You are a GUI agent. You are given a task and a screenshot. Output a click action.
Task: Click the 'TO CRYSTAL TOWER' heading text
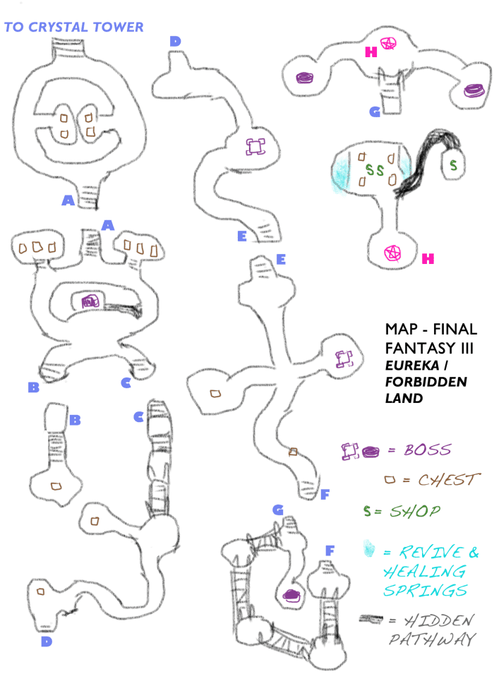point(74,27)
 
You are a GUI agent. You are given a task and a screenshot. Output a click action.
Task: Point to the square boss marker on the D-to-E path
point(255,147)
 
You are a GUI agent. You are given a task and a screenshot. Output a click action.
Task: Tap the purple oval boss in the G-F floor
point(290,595)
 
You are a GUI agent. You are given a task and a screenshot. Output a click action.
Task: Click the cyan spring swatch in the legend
point(367,550)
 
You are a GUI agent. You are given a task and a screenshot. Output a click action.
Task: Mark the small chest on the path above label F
point(293,451)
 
